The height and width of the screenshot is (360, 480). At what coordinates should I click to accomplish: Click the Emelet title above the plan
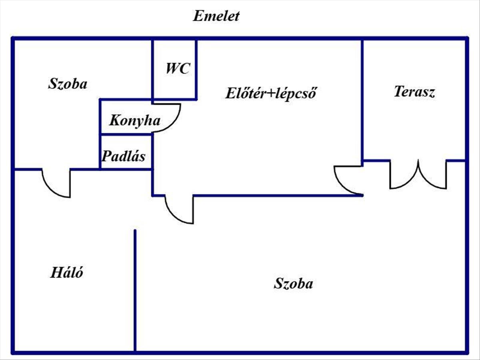click(x=216, y=16)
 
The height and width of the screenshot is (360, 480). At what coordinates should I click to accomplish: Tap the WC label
click(x=178, y=69)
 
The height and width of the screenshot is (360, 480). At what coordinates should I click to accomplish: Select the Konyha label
click(x=135, y=120)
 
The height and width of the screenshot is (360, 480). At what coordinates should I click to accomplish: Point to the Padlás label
click(x=123, y=156)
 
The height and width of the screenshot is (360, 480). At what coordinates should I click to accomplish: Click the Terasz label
click(x=414, y=92)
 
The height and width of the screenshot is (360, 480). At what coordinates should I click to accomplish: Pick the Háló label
click(x=67, y=273)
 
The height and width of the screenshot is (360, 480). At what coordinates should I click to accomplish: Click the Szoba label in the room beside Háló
click(x=293, y=284)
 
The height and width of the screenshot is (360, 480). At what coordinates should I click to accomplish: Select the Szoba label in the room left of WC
click(x=68, y=84)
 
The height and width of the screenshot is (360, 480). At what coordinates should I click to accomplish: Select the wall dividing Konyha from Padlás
click(x=126, y=135)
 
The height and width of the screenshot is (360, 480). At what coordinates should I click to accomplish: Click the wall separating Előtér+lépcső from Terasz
click(x=362, y=100)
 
